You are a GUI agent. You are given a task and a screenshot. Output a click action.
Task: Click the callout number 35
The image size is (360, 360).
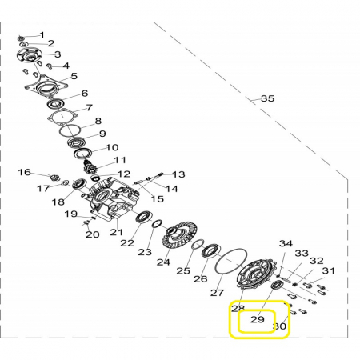coord(267,98)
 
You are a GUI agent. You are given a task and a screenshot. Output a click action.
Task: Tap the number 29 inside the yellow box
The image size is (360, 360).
coord(258,319)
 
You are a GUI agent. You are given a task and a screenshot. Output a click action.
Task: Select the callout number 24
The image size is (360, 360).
coord(163,262)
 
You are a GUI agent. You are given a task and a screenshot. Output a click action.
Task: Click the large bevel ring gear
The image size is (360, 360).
coord(179,235)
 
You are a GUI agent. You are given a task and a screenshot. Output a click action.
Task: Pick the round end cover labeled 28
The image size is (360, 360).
coord(256,274)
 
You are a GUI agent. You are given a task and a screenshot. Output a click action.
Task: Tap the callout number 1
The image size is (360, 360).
coord(42,35)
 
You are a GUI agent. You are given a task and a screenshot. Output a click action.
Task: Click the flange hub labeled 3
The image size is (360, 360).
coord(29,56)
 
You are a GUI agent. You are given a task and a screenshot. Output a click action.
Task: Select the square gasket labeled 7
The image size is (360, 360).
coord(62,117)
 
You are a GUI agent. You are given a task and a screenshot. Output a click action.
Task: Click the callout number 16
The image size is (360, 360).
coord(25,172)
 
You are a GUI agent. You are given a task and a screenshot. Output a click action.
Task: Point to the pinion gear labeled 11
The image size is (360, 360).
coord(88,167)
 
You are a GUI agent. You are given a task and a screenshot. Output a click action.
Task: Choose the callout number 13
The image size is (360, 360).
coord(178,174)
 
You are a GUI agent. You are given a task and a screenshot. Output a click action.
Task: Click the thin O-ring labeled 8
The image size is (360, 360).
coord(70,130)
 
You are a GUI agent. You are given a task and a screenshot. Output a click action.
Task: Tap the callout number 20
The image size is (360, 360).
coord(92,234)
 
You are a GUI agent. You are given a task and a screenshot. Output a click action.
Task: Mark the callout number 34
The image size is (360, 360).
coord(286,243)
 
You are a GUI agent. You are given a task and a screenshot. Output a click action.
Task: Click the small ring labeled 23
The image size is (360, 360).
coord(157,223)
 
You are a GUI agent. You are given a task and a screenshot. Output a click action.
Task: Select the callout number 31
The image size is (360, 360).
coord(328,270)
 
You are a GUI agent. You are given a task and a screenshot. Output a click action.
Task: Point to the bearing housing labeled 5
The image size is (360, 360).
coord(46,86)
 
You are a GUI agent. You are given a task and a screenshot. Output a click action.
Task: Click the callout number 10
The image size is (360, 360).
coord(112,147)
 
